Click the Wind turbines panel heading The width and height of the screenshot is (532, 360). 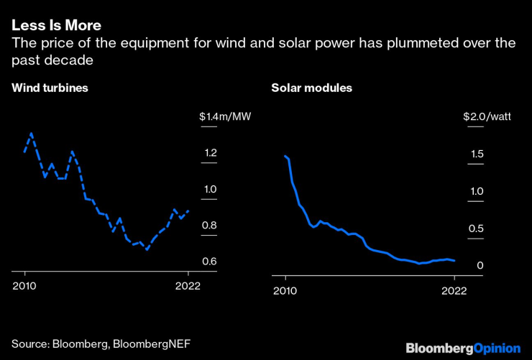click(x=49, y=88)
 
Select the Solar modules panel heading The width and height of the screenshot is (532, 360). click(x=311, y=88)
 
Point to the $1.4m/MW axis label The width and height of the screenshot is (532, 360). click(x=225, y=116)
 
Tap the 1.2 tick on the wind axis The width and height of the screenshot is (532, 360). click(x=209, y=153)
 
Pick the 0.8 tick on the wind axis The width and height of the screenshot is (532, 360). click(x=209, y=226)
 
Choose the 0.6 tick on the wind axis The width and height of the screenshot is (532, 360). click(x=209, y=261)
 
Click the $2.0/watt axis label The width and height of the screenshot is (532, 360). click(x=487, y=116)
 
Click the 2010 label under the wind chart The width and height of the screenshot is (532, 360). click(x=25, y=285)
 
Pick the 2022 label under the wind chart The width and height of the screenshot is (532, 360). click(x=188, y=285)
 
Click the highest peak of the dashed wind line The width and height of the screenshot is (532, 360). click(x=31, y=133)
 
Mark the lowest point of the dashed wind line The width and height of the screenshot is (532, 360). click(x=147, y=249)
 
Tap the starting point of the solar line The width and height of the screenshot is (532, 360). click(x=285, y=156)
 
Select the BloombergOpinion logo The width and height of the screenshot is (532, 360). click(x=462, y=348)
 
